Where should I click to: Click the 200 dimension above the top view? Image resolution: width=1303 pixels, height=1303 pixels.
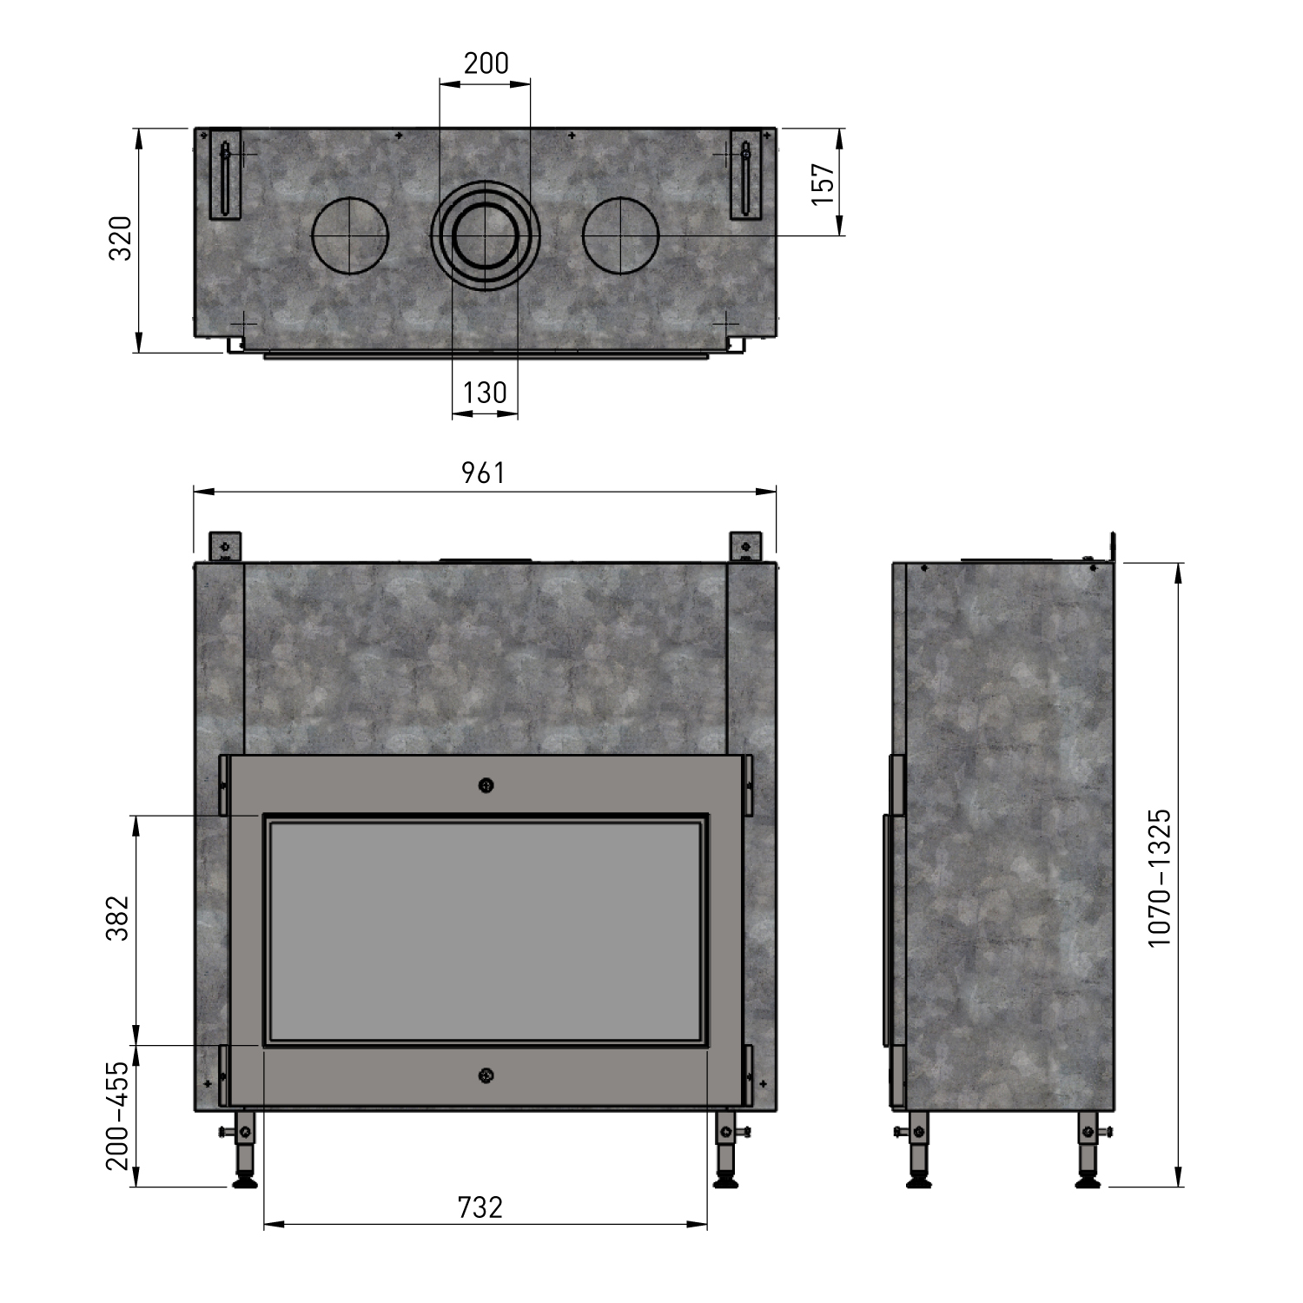click(486, 63)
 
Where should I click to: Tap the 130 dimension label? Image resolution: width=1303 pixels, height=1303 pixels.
click(485, 393)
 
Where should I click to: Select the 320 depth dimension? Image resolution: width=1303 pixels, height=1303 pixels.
click(119, 238)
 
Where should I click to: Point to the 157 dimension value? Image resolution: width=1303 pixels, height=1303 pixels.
click(823, 183)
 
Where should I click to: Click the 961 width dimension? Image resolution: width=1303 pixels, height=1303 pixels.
click(483, 473)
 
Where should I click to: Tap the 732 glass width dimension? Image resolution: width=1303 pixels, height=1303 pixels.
click(480, 1207)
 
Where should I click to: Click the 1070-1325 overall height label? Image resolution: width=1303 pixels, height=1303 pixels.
click(1160, 878)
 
